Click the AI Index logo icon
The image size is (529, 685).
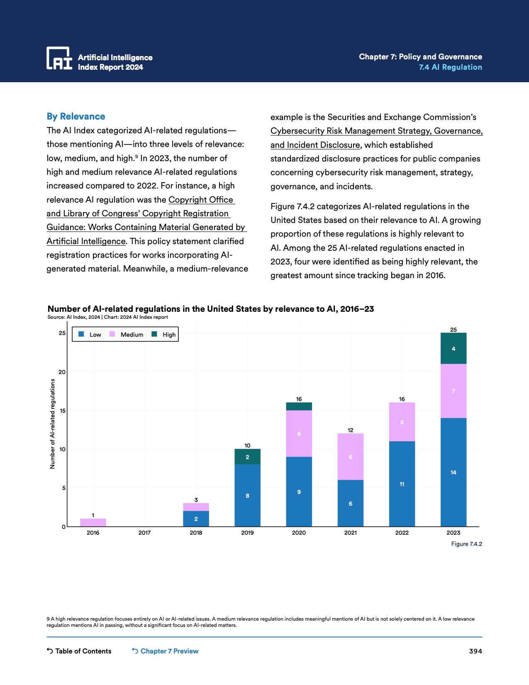pos(59,58)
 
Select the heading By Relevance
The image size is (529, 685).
pos(76,117)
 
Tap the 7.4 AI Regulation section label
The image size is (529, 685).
pos(450,67)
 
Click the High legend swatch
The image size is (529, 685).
pos(154,334)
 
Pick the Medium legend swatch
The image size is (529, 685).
pos(112,334)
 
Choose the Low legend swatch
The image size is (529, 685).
pos(81,334)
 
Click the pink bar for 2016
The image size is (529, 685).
pos(93,522)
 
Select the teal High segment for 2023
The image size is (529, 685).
pos(453,348)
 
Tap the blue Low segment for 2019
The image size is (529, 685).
pos(247,495)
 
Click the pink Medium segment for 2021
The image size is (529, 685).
pos(350,457)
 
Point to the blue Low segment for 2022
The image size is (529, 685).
pos(402,484)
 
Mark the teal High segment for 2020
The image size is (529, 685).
pos(299,406)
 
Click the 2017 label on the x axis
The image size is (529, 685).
pos(144,533)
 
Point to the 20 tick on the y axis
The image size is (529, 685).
pos(62,372)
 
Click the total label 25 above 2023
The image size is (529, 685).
pos(453,330)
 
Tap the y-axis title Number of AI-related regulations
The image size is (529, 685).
pos(52,424)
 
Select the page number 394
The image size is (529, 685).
pos(475,651)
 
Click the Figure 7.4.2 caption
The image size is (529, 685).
pos(466,544)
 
